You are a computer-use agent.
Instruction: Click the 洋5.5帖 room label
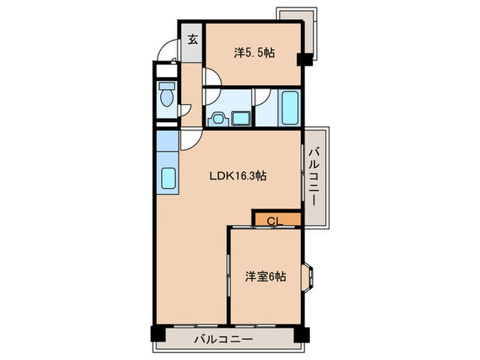(x=254, y=52)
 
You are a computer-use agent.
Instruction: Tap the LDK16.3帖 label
(x=237, y=176)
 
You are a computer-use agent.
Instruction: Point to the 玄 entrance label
(x=192, y=40)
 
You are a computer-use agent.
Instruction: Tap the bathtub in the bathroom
(x=289, y=108)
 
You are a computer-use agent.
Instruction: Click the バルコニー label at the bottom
(x=224, y=338)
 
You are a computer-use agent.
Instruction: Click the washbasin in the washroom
(x=219, y=118)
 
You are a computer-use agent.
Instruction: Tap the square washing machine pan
(x=242, y=118)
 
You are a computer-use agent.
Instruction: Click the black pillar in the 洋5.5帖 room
(x=302, y=60)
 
